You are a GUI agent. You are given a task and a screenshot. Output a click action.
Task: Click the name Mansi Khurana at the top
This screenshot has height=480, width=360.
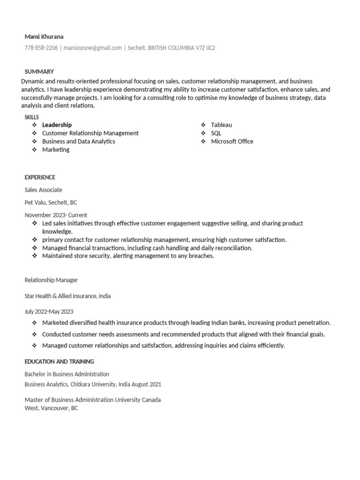click(x=44, y=37)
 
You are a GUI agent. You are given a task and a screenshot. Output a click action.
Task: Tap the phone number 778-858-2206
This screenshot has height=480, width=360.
click(x=41, y=48)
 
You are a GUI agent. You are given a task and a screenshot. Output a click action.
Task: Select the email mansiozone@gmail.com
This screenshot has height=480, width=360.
click(x=92, y=48)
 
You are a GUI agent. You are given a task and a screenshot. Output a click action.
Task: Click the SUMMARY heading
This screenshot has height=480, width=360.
click(x=39, y=72)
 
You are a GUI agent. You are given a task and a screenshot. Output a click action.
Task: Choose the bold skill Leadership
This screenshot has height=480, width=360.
click(x=57, y=125)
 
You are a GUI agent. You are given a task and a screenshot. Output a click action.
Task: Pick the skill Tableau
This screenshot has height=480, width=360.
click(x=221, y=125)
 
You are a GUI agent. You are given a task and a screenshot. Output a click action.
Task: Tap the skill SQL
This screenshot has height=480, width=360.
click(x=216, y=133)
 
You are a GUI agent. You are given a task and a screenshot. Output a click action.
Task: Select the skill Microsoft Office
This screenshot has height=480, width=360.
click(x=232, y=141)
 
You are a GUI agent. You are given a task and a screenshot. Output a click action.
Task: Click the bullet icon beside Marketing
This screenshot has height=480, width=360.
click(x=34, y=150)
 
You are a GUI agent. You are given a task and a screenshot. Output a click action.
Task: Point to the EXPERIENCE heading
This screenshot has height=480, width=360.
click(x=40, y=177)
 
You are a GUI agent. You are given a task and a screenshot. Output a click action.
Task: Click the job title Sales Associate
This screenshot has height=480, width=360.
click(x=43, y=190)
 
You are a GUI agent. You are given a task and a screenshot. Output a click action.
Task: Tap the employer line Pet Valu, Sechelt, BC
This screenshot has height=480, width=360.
click(x=51, y=202)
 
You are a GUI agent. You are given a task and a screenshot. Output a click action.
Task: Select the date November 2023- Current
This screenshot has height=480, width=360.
click(x=56, y=215)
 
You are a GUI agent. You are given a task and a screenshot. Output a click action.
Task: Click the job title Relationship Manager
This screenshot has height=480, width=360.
click(x=51, y=280)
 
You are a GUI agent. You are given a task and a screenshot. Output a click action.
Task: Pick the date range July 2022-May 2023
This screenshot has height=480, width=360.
click(x=49, y=311)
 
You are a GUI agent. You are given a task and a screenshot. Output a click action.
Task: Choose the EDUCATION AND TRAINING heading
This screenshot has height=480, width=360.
click(x=59, y=361)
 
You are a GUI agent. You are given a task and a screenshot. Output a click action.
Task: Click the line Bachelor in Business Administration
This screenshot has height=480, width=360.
click(x=67, y=374)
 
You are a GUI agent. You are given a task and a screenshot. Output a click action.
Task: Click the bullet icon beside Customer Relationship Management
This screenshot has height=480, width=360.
click(x=34, y=133)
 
